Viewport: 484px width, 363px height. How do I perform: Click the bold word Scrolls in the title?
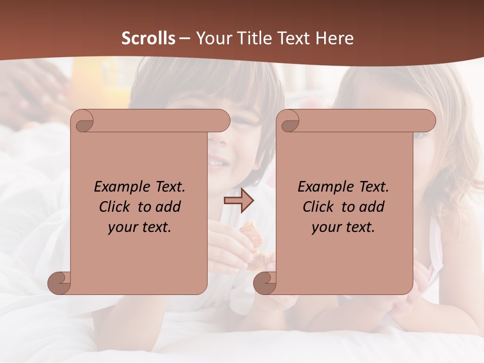[x=149, y=38]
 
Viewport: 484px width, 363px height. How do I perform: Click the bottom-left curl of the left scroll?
[x=59, y=283]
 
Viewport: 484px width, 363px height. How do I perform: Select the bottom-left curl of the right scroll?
[x=265, y=283]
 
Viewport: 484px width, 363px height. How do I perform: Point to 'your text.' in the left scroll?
[x=140, y=227]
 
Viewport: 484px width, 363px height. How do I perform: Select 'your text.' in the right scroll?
[x=343, y=227]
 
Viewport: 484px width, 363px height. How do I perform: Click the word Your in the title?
[x=214, y=38]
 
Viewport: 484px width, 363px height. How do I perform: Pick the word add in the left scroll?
[x=168, y=207]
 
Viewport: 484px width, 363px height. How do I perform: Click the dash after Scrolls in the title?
[x=185, y=38]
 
